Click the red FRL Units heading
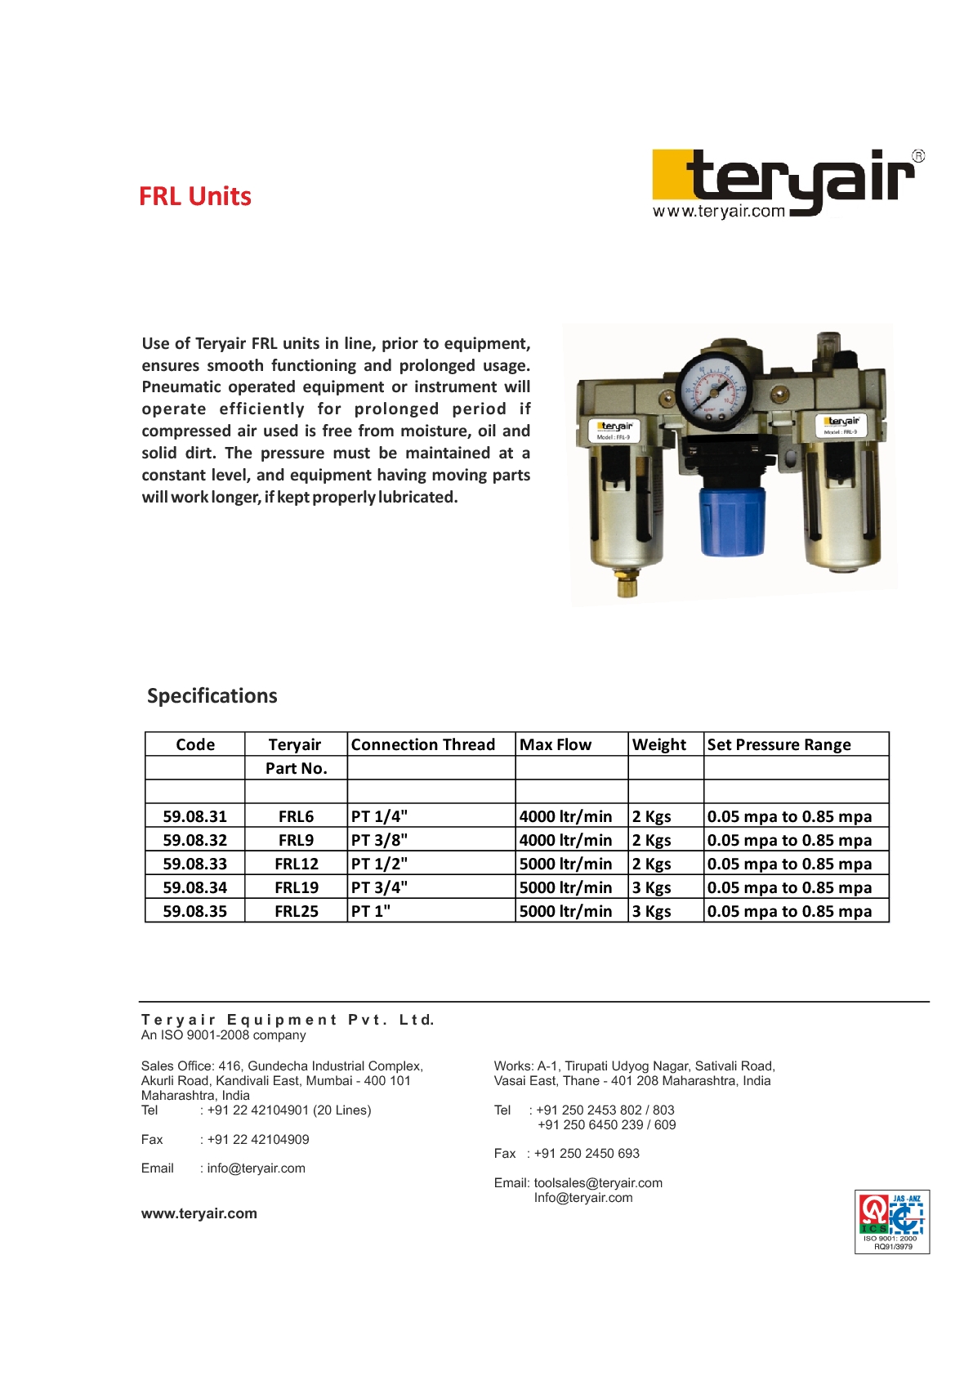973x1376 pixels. click(x=195, y=197)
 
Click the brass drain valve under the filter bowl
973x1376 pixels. click(x=627, y=583)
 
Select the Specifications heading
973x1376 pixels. click(x=212, y=696)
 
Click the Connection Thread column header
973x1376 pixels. click(x=423, y=744)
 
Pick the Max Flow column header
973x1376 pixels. click(x=556, y=744)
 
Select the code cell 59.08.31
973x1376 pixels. click(x=195, y=816)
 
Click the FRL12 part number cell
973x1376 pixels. click(x=297, y=864)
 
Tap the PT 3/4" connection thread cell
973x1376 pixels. click(x=380, y=887)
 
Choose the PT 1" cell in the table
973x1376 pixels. click(x=372, y=911)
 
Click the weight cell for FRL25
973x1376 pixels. click(x=652, y=911)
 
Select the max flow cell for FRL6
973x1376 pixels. click(x=566, y=816)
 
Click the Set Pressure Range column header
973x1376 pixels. click(x=779, y=744)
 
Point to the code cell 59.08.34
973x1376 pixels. click(x=195, y=887)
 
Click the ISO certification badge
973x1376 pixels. click(x=892, y=1222)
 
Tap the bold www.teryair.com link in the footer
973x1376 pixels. click(x=199, y=1213)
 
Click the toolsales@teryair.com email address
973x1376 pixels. click(x=598, y=1183)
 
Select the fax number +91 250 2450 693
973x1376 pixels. click(x=587, y=1154)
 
